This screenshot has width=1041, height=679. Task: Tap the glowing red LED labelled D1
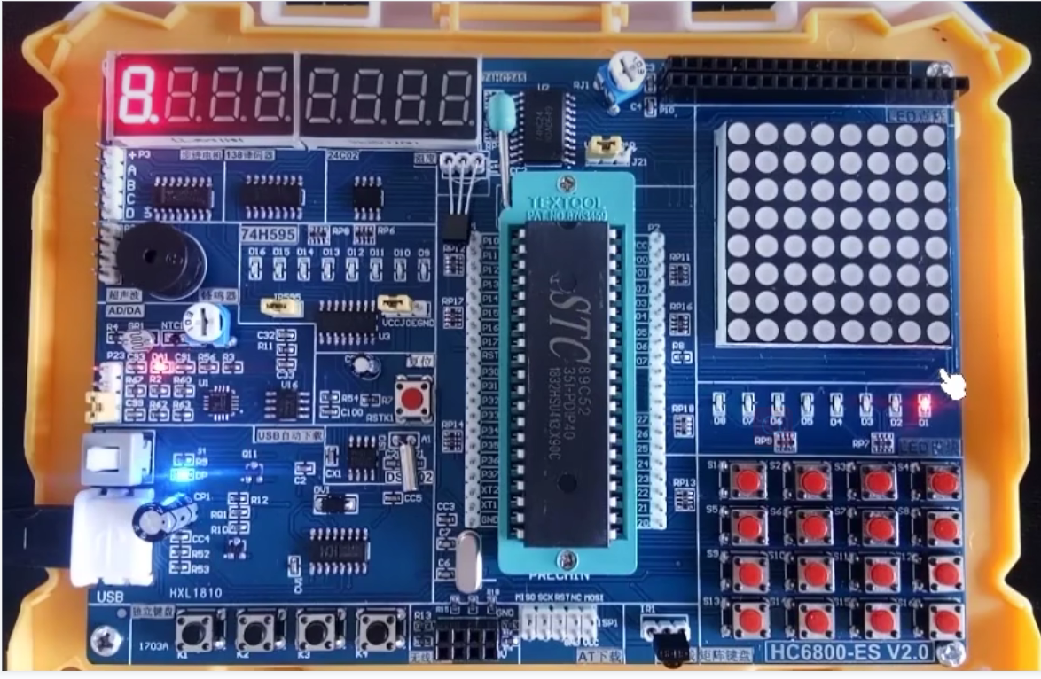coord(925,403)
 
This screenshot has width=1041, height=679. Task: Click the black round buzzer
coord(160,258)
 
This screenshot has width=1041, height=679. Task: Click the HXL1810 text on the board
coord(194,592)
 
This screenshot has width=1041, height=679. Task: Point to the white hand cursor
coord(953,385)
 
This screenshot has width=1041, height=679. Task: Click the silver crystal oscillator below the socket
coord(469,561)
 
